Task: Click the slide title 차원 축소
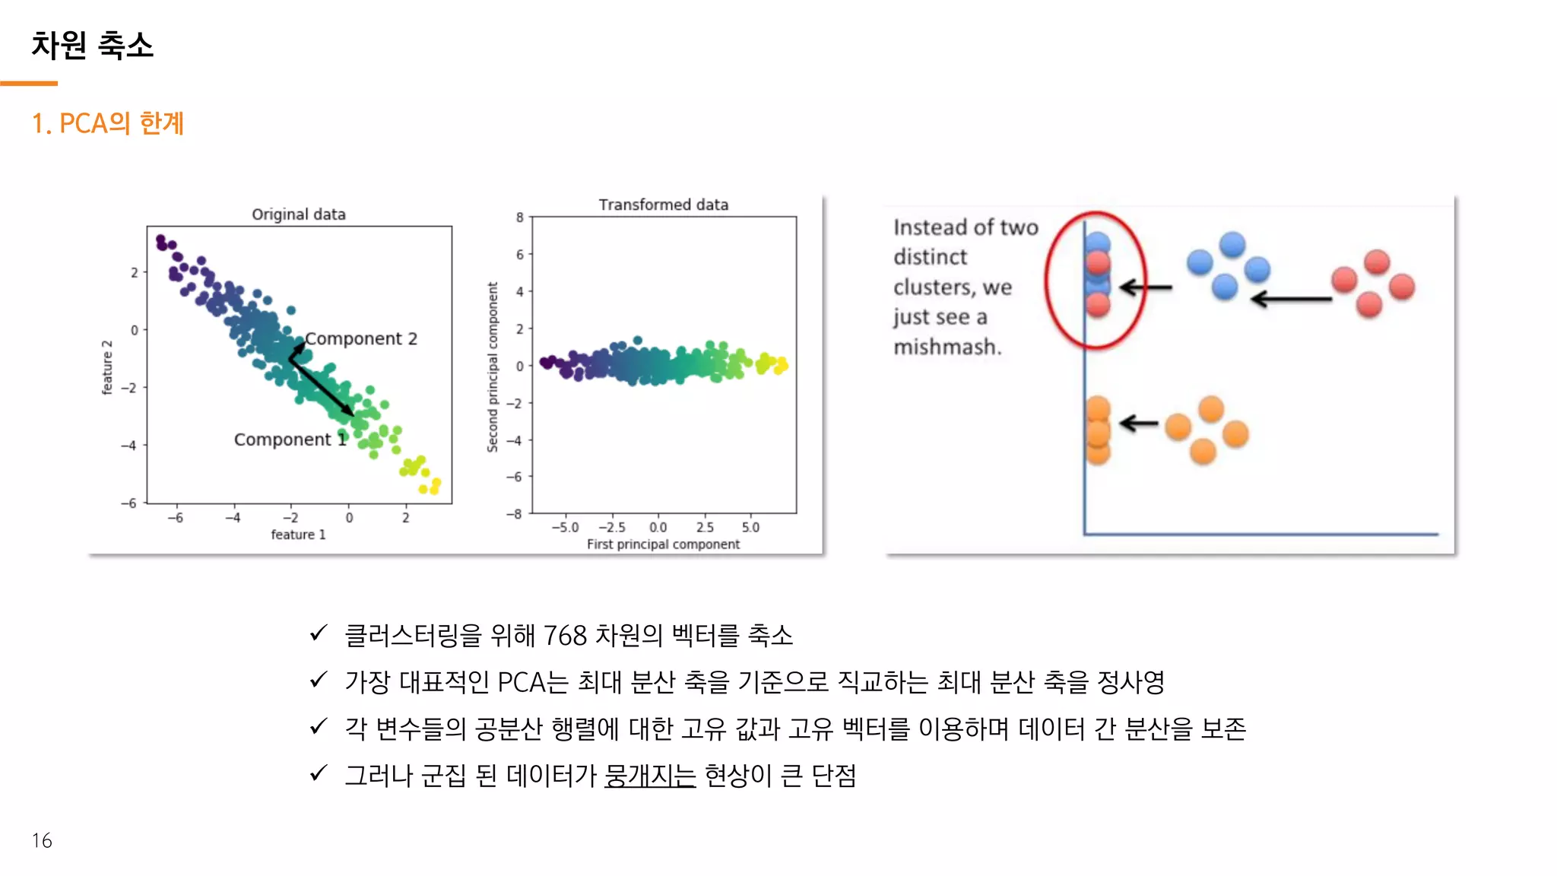92,46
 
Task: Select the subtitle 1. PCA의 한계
107,123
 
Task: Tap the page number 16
42,840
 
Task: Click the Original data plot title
298,214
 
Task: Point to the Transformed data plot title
663,205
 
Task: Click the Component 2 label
361,339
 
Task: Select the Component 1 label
290,440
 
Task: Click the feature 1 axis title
298,535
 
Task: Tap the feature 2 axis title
107,367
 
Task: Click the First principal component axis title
663,544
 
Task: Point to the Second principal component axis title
493,367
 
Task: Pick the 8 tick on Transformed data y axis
520,217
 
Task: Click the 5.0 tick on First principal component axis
750,527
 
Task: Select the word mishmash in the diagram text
947,347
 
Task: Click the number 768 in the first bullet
566,635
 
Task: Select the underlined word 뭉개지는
650,776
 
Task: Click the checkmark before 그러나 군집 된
319,773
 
